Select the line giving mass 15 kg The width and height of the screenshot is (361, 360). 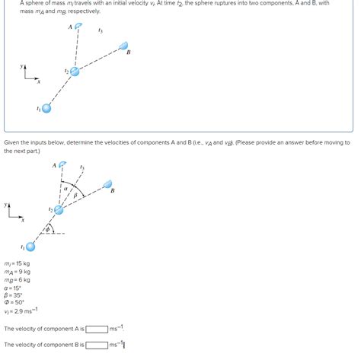pos(18,263)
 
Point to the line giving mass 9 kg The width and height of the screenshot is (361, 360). pos(18,272)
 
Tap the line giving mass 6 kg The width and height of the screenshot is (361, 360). pos(18,280)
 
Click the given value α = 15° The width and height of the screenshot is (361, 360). pos(14,288)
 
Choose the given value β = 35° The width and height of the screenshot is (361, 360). pos(14,297)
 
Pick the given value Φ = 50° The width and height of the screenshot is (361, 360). pos(15,304)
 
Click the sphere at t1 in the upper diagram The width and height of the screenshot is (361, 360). pos(46,108)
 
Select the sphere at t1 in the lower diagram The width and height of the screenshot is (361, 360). pos(30,247)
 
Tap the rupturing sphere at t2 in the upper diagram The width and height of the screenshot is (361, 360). pos(75,71)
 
